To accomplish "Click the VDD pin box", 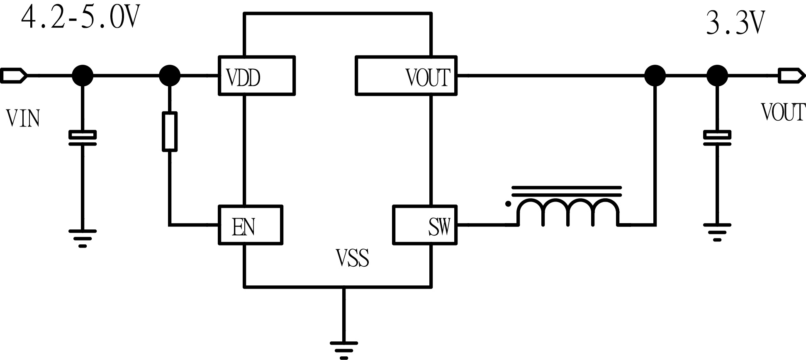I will click(256, 76).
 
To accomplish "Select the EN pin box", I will click(250, 225).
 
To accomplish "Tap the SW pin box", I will click(424, 225).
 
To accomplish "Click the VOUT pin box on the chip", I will click(406, 76).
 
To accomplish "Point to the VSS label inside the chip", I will click(352, 258).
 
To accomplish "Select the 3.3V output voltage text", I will click(735, 24).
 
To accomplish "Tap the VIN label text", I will click(23, 119).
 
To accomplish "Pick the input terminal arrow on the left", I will click(14, 76).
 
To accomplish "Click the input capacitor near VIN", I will click(83, 138).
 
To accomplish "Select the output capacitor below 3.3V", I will click(717, 138).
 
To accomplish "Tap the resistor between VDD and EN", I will click(169, 131).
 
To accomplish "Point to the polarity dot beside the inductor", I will click(508, 204).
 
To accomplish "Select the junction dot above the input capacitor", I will click(83, 76).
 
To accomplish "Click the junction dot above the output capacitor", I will click(717, 76).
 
